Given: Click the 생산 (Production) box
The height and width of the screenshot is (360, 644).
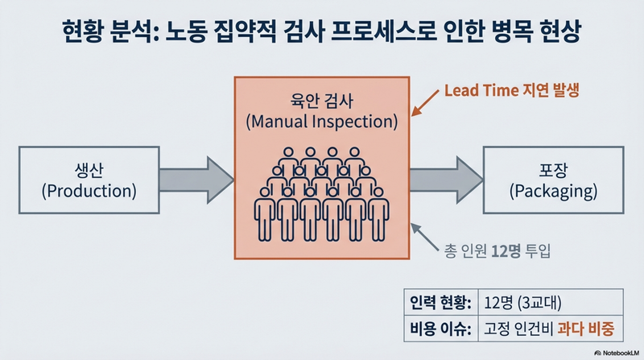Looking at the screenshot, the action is point(89,180).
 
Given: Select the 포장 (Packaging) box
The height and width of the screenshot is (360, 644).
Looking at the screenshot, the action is point(553,180).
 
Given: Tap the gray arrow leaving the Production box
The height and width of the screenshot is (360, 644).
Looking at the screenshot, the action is point(196,180).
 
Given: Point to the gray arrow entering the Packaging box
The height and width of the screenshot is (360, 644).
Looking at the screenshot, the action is point(447,180).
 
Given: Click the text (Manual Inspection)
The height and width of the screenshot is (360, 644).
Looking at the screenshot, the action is point(322,122).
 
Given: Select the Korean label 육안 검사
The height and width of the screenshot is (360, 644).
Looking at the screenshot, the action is point(321,101).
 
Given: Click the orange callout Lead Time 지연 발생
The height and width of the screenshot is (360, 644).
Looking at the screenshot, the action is point(512,90).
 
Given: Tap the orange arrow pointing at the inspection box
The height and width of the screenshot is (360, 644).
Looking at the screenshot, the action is point(426,103).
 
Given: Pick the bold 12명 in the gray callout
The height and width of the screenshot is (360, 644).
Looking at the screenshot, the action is point(506,250).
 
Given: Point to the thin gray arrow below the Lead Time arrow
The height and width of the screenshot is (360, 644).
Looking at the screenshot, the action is point(425,237).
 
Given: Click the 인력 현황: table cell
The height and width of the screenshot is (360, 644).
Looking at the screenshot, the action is point(441,303).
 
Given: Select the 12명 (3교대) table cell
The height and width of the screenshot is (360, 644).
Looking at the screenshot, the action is point(551,303).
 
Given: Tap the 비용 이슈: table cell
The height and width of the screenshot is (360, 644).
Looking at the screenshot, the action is point(441,329).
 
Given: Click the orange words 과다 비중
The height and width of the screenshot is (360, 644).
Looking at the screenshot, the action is point(586,329).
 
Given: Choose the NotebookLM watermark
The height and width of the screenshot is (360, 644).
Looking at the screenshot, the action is point(617,353).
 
